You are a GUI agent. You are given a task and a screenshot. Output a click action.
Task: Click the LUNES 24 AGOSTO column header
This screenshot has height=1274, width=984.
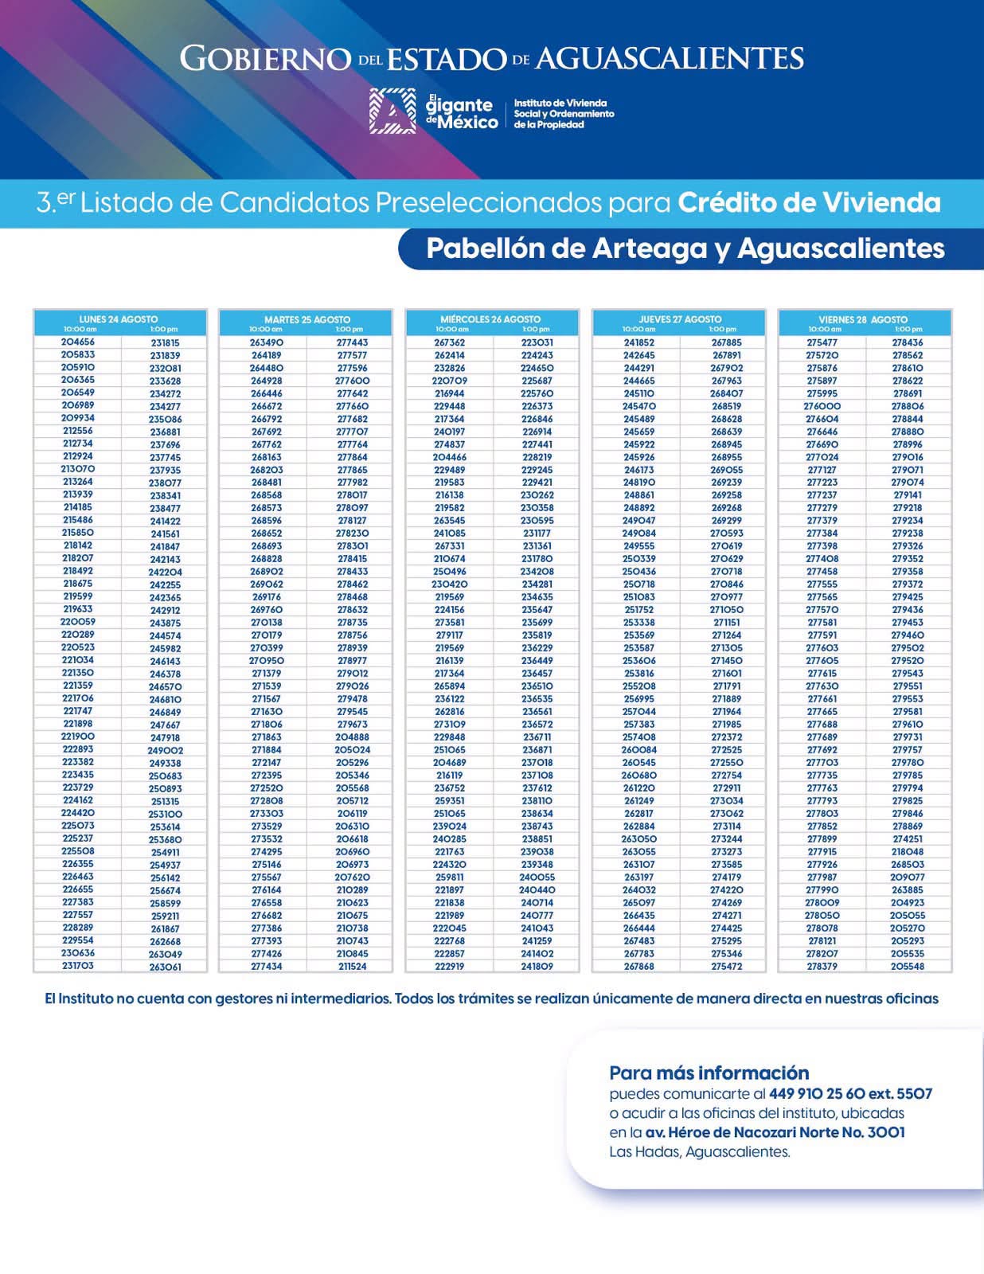(119, 319)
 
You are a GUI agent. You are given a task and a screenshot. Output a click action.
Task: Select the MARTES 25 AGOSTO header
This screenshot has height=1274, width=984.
(307, 319)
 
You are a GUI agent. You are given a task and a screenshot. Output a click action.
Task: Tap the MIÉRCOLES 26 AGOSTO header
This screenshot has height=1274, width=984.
(490, 319)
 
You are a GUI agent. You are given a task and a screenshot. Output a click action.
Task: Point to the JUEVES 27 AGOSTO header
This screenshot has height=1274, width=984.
(680, 319)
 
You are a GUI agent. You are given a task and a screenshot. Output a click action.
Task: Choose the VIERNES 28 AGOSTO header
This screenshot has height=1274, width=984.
(863, 319)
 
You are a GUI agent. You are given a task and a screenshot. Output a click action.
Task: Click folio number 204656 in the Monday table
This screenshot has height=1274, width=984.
(78, 342)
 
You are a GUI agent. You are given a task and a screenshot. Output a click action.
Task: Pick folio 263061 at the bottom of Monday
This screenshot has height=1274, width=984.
(166, 967)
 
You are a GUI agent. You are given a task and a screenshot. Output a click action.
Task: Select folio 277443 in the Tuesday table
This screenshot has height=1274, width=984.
(352, 342)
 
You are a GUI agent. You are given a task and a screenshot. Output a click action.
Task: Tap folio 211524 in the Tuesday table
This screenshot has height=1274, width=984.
(352, 966)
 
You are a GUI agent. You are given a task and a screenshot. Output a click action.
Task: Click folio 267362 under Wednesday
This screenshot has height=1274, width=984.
(450, 342)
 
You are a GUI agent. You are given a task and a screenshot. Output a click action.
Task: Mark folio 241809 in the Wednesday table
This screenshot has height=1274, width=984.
(537, 966)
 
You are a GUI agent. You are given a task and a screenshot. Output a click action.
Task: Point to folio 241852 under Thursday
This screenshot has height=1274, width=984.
(638, 342)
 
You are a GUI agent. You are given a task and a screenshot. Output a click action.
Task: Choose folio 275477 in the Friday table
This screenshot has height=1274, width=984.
(822, 342)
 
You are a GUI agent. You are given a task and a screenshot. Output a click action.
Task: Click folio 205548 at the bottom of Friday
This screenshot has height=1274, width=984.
(908, 966)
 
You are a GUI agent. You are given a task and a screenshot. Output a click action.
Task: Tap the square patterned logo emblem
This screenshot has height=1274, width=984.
(392, 111)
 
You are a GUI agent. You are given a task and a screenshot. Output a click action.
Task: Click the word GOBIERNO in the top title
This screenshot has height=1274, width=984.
(265, 59)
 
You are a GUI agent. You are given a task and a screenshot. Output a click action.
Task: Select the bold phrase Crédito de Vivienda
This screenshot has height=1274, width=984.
(810, 203)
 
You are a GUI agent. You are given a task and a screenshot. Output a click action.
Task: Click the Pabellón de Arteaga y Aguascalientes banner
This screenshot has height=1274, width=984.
(685, 248)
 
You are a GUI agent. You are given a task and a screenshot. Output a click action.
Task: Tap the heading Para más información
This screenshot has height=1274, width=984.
(709, 1073)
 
